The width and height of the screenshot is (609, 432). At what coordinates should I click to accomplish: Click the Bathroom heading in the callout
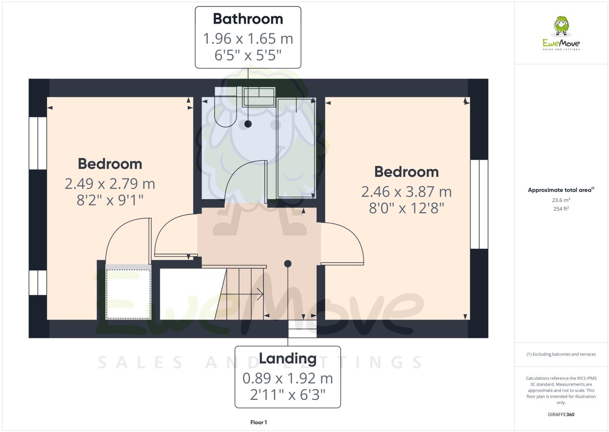(248, 19)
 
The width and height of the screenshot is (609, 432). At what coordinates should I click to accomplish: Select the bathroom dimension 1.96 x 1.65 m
(248, 39)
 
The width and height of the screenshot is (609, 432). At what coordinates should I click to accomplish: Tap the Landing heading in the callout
(288, 358)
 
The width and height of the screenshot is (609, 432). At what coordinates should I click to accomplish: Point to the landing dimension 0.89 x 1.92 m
(288, 378)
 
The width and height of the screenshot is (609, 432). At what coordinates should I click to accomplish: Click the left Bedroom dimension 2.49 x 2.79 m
(110, 184)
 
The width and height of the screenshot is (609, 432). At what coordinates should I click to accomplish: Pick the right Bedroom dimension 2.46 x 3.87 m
(407, 191)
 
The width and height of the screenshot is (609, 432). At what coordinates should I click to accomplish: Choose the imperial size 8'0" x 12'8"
(407, 208)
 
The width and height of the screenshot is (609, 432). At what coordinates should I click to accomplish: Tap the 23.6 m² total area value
(561, 200)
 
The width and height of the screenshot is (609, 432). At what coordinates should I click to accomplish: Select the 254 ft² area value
(561, 209)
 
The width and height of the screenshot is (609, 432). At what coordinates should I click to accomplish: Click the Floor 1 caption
(259, 422)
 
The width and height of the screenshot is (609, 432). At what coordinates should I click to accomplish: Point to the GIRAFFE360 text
(561, 414)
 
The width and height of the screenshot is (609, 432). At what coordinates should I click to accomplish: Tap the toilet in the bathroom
(226, 110)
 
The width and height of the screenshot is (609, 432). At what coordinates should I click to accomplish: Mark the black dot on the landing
(288, 264)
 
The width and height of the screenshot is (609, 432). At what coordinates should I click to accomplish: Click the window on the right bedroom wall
(479, 204)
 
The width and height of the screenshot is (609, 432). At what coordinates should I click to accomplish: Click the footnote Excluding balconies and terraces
(561, 354)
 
